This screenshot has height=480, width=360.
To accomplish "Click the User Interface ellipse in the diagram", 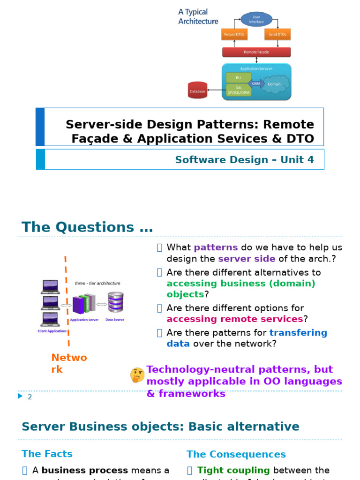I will click(x=256, y=19).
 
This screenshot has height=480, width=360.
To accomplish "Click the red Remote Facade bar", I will click(x=256, y=52).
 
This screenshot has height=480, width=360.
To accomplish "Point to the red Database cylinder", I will click(x=197, y=91).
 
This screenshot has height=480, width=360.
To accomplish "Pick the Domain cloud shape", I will click(x=274, y=84).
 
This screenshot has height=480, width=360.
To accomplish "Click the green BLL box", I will click(x=238, y=77).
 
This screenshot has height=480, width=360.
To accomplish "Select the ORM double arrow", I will click(x=256, y=83).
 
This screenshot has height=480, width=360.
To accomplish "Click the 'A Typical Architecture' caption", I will click(x=198, y=16).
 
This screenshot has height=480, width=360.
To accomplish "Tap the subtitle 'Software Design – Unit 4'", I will click(x=244, y=160).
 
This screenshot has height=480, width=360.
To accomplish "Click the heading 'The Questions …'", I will click(x=87, y=227).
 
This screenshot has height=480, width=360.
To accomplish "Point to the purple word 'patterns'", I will click(x=216, y=247).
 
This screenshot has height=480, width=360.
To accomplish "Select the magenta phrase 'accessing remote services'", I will click(x=235, y=319).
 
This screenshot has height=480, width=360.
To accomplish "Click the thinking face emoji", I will click(x=137, y=375).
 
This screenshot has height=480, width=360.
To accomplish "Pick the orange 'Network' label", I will click(x=69, y=364).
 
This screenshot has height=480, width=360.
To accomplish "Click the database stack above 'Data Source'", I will click(x=115, y=303).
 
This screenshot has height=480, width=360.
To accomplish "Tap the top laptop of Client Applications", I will click(x=50, y=286).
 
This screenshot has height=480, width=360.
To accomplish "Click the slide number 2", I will click(x=30, y=397).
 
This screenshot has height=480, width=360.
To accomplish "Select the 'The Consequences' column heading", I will click(x=236, y=454).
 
